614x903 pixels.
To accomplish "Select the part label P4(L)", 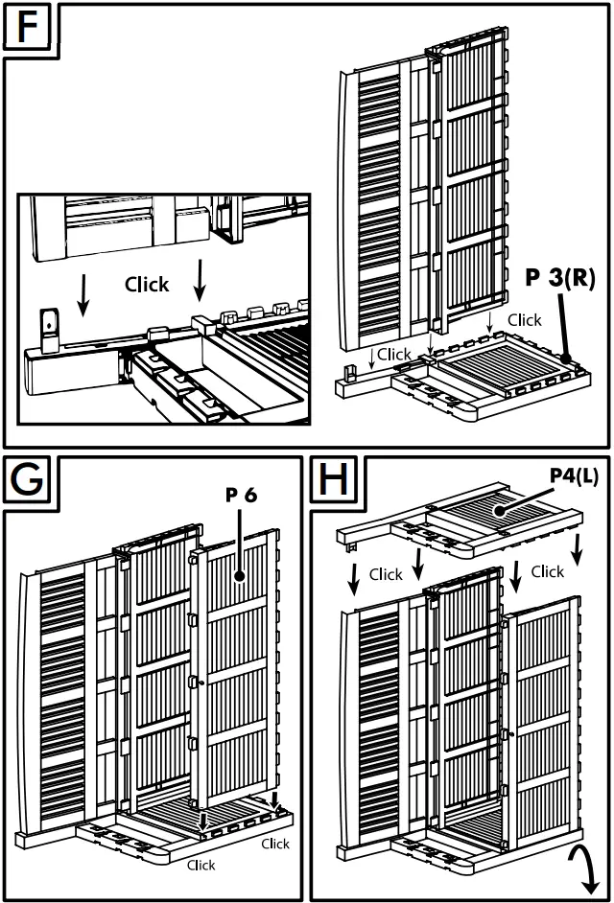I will pos(573,476).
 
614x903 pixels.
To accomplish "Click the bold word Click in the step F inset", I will pos(147,285).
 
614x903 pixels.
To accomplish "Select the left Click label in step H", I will pos(386,574).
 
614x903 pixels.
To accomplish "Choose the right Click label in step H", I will pos(547,571).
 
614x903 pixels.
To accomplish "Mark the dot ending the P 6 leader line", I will pos(240,577).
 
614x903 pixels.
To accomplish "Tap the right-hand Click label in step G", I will pos(274,844).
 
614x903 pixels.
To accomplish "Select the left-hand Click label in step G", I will pos(201,865).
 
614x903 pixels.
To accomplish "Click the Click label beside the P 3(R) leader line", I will pos(525,319).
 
